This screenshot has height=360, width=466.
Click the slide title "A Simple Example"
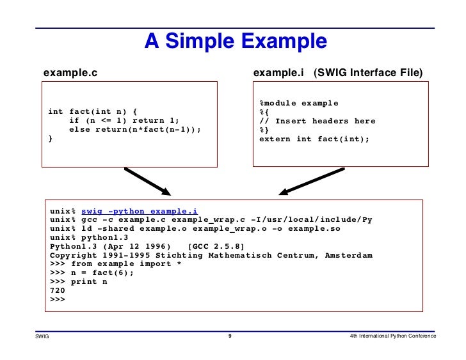click(235, 42)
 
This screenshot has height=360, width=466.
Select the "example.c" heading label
click(70, 73)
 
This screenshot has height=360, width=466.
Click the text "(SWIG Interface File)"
click(368, 73)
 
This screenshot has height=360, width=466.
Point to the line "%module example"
click(298, 104)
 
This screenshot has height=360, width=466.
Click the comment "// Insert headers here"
click(317, 121)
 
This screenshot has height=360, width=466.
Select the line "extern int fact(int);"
click(314, 139)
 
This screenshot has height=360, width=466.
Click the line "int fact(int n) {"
click(92, 113)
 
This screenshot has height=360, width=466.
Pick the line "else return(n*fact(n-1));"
click(134, 130)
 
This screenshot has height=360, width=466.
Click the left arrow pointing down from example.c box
click(148, 182)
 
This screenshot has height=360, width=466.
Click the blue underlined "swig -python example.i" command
click(140, 212)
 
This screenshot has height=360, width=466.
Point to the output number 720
click(58, 290)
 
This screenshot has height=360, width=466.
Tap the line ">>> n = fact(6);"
click(92, 272)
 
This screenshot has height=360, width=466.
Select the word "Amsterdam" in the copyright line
click(348, 255)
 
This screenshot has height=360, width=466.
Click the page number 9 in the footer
click(230, 336)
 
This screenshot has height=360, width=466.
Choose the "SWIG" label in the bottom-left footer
click(42, 336)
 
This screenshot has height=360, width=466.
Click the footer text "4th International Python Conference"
click(393, 336)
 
